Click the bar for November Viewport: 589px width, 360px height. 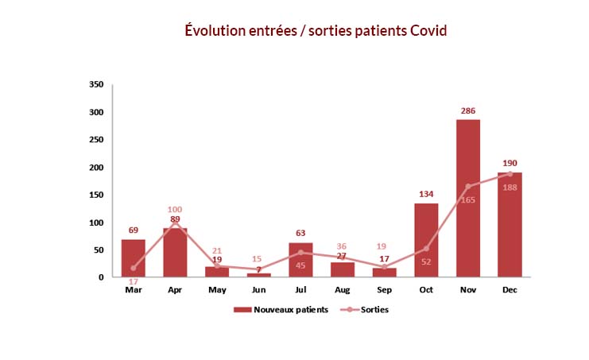(468, 198)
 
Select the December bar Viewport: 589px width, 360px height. (510, 225)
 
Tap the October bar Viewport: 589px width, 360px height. (426, 240)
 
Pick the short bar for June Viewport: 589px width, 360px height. (259, 275)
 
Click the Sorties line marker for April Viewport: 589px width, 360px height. (175, 223)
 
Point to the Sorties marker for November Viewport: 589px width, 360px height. (468, 187)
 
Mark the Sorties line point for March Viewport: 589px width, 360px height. (134, 268)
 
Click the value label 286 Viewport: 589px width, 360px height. (468, 110)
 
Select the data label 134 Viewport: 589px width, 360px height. (426, 194)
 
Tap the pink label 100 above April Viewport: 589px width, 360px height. (175, 210)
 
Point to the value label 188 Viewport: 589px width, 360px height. (510, 188)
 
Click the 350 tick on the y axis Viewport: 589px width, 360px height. (96, 84)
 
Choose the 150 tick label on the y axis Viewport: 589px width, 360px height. (96, 195)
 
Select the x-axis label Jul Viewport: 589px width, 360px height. (300, 290)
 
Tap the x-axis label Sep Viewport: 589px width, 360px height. (384, 290)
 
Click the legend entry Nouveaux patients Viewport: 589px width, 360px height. (281, 310)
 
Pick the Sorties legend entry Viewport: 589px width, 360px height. (364, 310)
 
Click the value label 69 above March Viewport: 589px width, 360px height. (134, 230)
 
